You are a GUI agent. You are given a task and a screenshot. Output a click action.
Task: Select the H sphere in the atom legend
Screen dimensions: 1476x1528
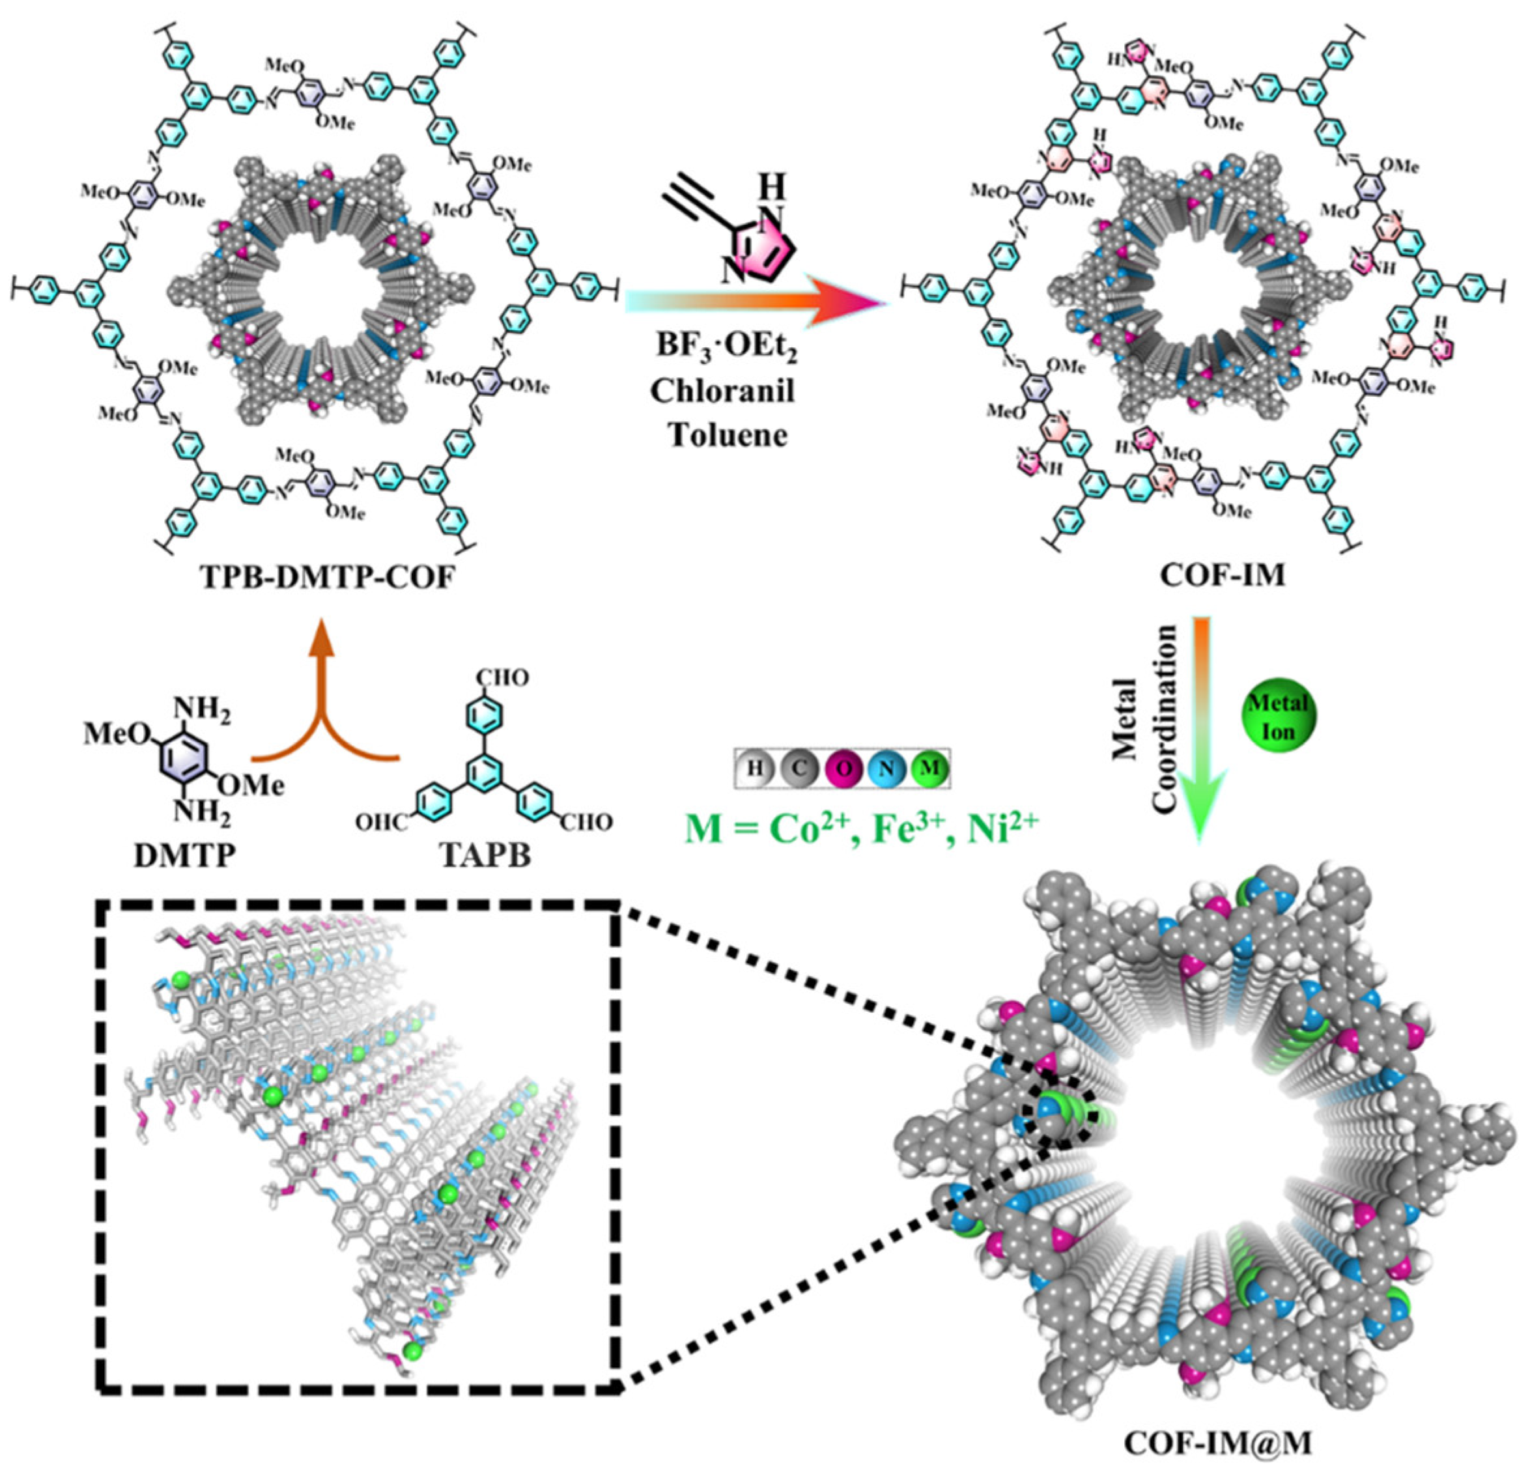pyautogui.click(x=754, y=769)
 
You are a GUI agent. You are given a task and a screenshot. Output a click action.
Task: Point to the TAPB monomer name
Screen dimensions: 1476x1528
pyautogui.click(x=487, y=855)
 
